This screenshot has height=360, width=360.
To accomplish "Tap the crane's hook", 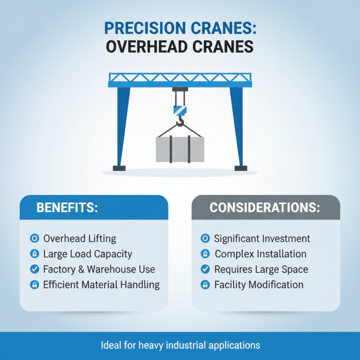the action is tap(180, 121).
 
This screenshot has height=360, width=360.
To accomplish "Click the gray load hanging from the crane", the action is tap(180, 149).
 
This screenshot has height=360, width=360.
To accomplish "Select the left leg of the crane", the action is tap(122, 126).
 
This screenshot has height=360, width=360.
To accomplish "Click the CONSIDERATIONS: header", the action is tap(265, 207).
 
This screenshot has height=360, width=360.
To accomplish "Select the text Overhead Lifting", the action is tap(79, 238).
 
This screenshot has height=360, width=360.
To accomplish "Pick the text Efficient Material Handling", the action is tap(101, 284).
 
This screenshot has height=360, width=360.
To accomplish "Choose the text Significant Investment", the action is tap(262, 238).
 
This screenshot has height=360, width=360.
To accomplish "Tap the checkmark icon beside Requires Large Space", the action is tap(205, 269).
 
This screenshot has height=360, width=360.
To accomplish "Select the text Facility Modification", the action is tap(259, 284).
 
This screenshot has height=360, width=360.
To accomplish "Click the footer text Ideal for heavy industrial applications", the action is tap(180, 346).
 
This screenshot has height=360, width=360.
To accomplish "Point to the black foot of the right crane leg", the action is tap(241, 168).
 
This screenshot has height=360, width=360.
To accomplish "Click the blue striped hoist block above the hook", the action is tap(180, 109).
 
